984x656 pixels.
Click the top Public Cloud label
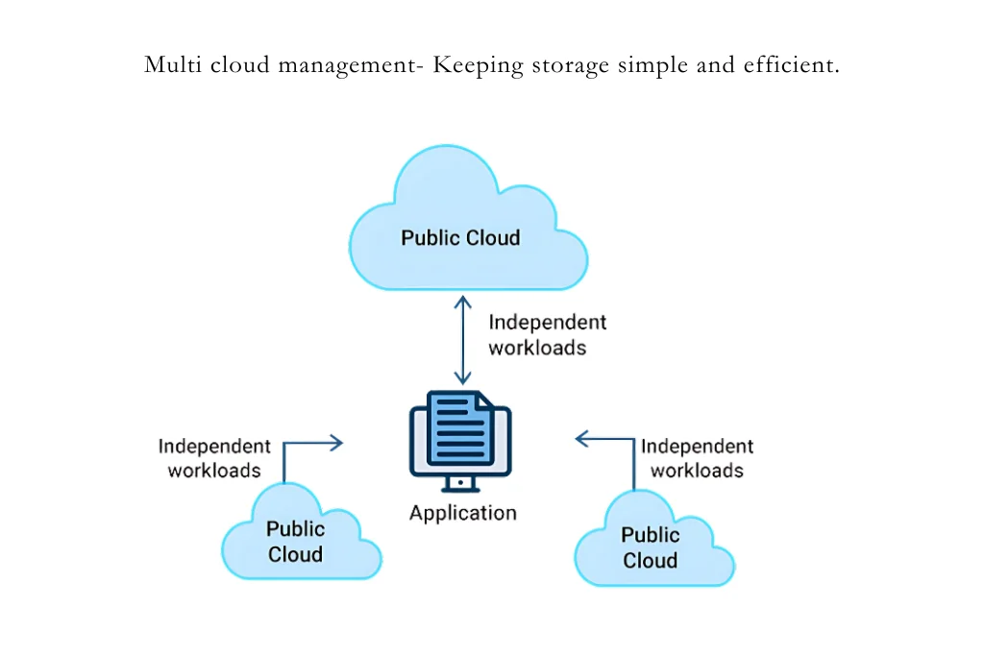point(460,238)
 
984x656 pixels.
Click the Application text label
point(462,513)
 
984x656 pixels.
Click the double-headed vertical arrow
point(463,341)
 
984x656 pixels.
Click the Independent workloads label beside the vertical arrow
point(546,335)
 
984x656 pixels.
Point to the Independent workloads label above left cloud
point(214,458)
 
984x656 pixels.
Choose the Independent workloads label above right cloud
point(697,458)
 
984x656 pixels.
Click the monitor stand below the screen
point(460,484)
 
